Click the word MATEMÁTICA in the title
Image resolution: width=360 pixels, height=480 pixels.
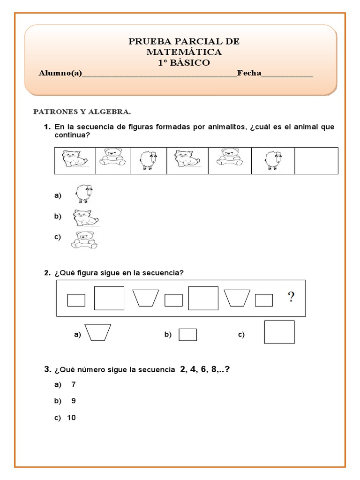click(x=184, y=52)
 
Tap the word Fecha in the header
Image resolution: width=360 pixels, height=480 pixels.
click(x=249, y=73)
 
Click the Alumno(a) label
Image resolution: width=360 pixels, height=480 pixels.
click(x=60, y=73)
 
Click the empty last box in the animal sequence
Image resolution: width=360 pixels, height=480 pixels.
click(x=316, y=160)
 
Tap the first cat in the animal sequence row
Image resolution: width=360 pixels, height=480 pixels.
click(x=75, y=160)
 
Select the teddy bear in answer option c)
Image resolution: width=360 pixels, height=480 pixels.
click(x=84, y=239)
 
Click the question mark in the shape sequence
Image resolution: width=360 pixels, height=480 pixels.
click(x=291, y=297)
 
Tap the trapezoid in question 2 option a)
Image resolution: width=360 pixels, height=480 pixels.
click(x=97, y=332)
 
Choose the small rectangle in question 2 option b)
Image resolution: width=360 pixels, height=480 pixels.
click(x=188, y=335)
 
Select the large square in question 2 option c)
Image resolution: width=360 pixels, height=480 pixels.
click(x=279, y=332)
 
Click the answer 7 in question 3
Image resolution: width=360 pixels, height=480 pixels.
click(x=73, y=384)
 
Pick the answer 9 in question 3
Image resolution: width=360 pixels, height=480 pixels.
click(x=73, y=401)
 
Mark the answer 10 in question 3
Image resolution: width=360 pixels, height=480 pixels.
click(x=71, y=418)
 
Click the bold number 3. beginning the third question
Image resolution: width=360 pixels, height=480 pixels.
click(x=48, y=370)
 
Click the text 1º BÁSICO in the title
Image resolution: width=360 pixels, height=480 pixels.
click(x=184, y=62)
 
